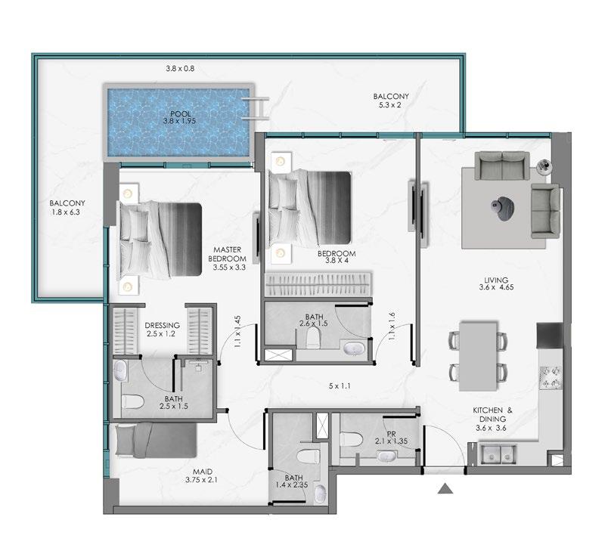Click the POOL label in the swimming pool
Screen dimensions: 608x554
click(181, 114)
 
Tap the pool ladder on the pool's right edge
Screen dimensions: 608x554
click(255, 109)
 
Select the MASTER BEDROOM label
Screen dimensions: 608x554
click(227, 254)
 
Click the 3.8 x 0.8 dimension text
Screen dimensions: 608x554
click(180, 69)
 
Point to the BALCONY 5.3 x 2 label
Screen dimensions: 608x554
click(391, 101)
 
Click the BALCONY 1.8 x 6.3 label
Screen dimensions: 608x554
click(67, 207)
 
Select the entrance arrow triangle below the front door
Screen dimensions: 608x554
click(445, 488)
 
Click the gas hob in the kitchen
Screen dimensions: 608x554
click(551, 377)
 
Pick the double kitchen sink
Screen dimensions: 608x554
click(498, 454)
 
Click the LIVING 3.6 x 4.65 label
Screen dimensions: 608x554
click(496, 283)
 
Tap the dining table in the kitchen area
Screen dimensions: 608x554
click(478, 356)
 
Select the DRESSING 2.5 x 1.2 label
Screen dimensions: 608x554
click(162, 330)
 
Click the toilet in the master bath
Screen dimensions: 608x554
click(133, 402)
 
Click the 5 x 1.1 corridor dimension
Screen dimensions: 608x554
click(340, 386)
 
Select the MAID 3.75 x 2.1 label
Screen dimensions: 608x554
click(201, 475)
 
